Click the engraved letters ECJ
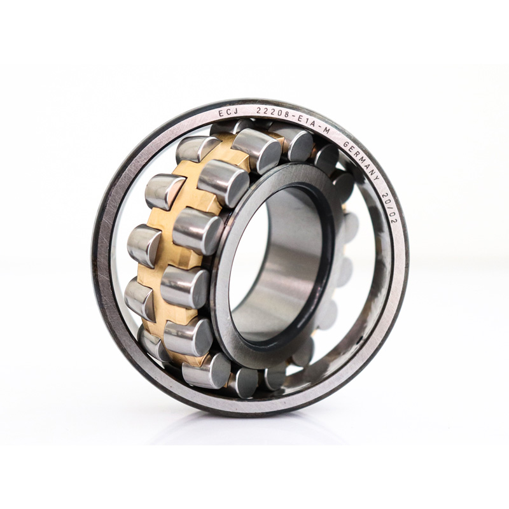[228, 113]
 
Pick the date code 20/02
[391, 207]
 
